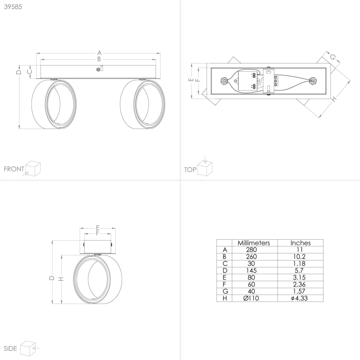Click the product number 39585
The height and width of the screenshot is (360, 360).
click(x=13, y=7)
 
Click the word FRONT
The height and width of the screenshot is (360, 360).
click(x=14, y=169)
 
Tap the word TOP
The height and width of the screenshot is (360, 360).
click(x=190, y=170)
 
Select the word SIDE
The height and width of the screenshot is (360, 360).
click(x=10, y=348)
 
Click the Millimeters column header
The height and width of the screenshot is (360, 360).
click(x=254, y=243)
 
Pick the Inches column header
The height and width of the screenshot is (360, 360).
click(x=301, y=243)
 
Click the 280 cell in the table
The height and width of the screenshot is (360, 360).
click(x=251, y=250)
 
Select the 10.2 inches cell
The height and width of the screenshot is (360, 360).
click(x=299, y=257)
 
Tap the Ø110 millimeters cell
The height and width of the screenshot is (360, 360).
click(x=251, y=298)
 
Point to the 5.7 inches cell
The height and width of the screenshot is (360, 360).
click(x=299, y=270)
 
